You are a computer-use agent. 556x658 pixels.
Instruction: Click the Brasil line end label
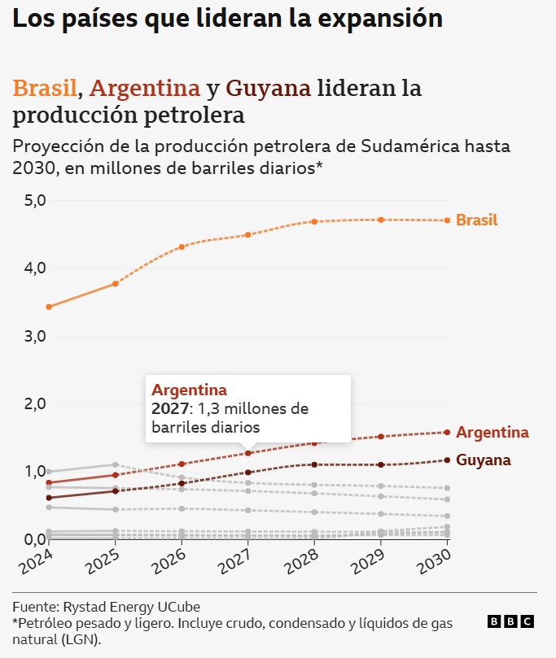click(477, 220)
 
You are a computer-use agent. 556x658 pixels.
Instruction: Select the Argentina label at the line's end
click(492, 432)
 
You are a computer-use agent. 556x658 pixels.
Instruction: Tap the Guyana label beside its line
click(484, 460)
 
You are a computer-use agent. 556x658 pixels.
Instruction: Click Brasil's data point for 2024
click(49, 307)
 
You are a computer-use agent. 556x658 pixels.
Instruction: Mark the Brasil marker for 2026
click(182, 246)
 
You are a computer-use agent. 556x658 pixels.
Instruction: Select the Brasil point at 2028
click(315, 221)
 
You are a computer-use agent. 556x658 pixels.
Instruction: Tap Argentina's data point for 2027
click(248, 453)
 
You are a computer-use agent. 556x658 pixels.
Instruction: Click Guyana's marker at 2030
click(448, 460)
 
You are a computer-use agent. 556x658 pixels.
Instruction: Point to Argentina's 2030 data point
click(448, 432)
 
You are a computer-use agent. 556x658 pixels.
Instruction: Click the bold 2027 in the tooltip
click(169, 408)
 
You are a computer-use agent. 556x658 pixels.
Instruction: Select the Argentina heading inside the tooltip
click(189, 390)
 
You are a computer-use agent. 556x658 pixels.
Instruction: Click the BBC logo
click(510, 621)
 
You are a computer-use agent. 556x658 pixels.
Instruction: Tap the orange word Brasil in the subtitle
click(46, 88)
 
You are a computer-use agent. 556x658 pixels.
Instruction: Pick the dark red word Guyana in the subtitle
click(269, 88)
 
